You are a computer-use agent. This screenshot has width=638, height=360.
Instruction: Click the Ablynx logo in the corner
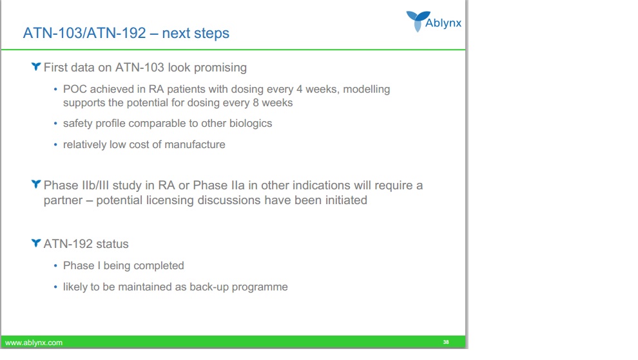[434, 21]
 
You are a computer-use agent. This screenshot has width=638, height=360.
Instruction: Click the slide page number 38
[446, 342]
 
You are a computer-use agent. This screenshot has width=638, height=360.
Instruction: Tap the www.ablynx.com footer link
[34, 343]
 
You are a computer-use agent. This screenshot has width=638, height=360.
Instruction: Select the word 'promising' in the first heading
[220, 68]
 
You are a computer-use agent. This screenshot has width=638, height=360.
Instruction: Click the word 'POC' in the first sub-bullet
[75, 89]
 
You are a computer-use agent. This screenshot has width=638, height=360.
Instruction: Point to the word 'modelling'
[366, 89]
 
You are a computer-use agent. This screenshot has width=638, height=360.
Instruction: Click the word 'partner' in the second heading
[63, 200]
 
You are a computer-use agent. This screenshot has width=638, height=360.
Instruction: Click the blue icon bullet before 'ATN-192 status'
[36, 243]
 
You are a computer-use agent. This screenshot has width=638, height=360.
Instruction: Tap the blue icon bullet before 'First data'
[36, 66]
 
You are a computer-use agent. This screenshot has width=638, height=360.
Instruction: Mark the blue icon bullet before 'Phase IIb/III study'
[36, 184]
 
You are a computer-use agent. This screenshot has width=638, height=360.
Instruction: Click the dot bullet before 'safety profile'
[55, 123]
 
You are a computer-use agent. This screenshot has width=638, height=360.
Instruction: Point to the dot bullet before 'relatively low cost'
[55, 144]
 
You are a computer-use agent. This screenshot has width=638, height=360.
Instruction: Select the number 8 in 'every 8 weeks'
[256, 102]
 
